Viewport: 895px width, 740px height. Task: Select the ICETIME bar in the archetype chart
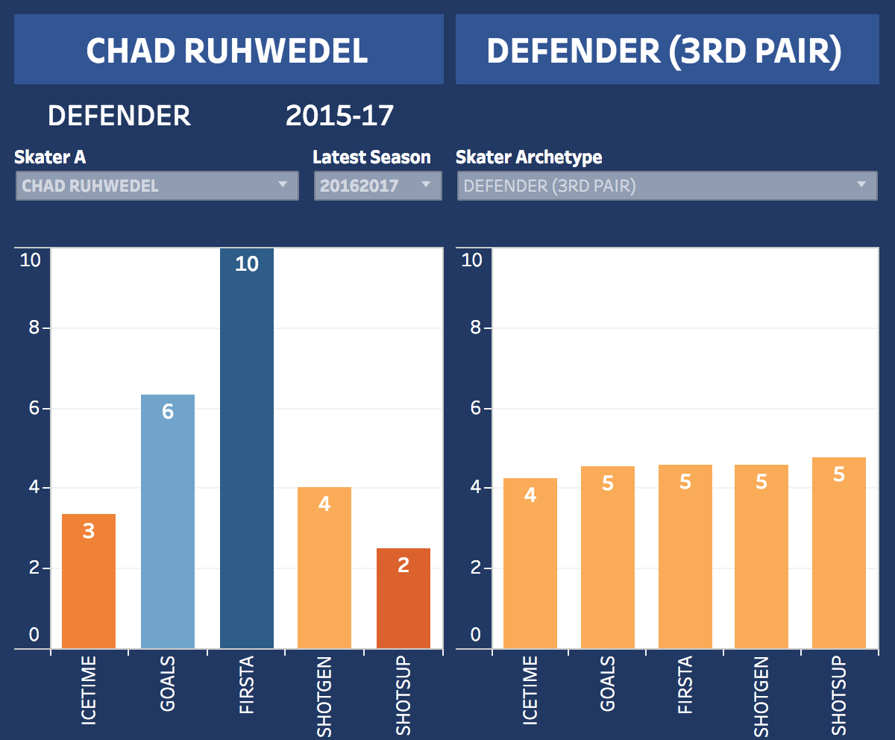[530, 567]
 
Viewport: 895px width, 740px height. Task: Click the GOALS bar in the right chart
[608, 559]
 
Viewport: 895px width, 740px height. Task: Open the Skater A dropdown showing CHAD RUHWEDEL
[157, 186]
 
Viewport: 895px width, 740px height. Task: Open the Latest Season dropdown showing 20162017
[377, 186]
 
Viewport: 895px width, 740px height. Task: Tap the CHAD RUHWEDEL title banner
[227, 51]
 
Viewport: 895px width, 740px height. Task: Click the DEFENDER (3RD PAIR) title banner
[665, 51]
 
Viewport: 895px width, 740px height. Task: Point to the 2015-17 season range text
[339, 116]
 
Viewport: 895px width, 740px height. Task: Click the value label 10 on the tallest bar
[246, 264]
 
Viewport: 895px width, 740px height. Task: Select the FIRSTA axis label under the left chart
[247, 685]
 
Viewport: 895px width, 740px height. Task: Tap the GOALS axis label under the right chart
[609, 685]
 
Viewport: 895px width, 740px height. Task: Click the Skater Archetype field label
[529, 157]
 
